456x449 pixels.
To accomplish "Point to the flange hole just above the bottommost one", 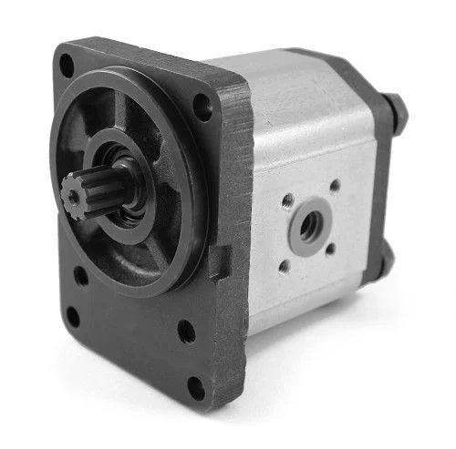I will click(x=186, y=332).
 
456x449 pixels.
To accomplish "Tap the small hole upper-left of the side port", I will click(x=289, y=198).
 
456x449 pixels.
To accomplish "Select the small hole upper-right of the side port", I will click(x=335, y=186).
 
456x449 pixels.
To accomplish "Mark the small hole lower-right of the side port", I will click(x=331, y=248).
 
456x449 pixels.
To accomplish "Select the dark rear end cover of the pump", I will click(x=384, y=182).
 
